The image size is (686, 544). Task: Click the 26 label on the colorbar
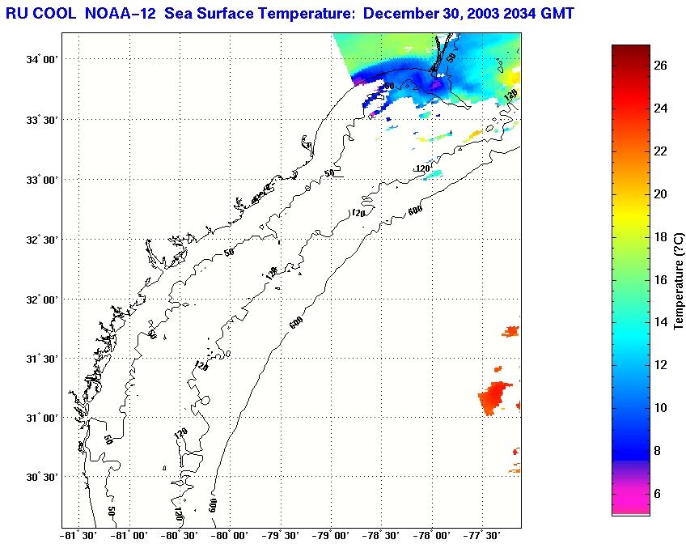coord(661,66)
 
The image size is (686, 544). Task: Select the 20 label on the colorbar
coord(661,194)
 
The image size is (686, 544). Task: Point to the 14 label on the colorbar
coord(661,322)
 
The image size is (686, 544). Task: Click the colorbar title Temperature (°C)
coord(680,279)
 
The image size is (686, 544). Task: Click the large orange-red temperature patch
coord(494,397)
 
